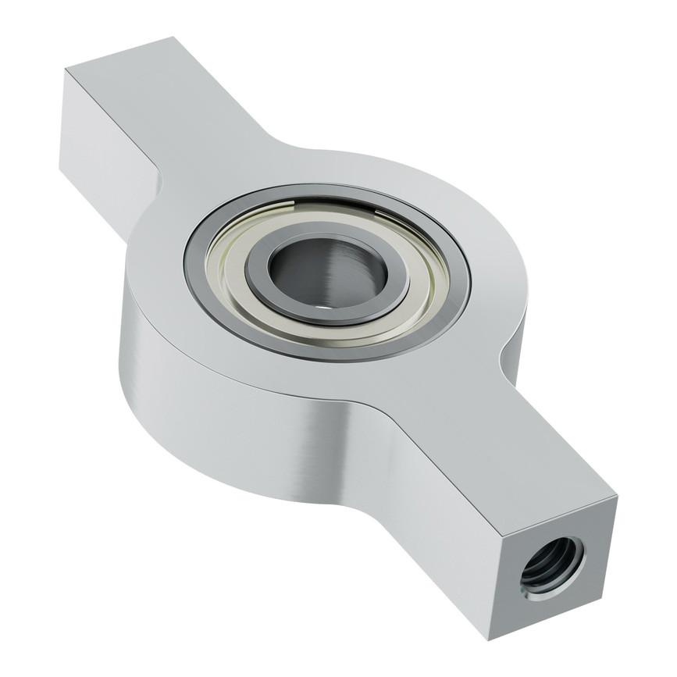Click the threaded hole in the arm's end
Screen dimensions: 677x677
553,563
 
